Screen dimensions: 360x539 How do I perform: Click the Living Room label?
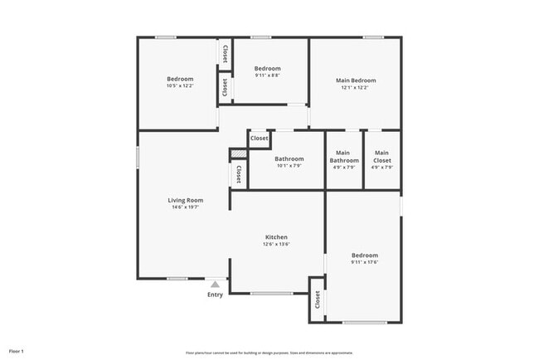pos(186,200)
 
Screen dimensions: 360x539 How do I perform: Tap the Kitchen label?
pos(276,237)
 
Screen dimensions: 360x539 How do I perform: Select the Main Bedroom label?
pos(356,80)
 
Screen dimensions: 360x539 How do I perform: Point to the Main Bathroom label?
pos(344,156)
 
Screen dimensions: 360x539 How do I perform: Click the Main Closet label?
pos(382,156)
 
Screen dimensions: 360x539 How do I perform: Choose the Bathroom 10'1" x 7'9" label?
pos(289,158)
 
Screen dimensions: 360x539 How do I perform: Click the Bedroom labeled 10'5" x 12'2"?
pos(179,79)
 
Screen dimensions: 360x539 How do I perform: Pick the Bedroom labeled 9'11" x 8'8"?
pos(267,68)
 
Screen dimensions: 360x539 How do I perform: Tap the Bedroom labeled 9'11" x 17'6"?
pos(364,255)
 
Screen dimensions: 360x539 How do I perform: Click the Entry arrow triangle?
pos(215,285)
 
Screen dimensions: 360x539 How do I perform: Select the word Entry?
pos(215,294)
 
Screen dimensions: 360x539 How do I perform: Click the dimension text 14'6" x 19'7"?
pos(186,207)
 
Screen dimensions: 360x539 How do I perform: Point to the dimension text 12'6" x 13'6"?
pos(276,245)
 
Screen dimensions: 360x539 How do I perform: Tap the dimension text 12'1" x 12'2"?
pos(356,88)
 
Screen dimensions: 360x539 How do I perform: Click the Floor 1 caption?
pos(17,351)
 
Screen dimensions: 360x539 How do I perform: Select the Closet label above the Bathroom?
pos(260,139)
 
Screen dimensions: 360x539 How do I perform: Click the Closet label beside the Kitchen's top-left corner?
pos(239,174)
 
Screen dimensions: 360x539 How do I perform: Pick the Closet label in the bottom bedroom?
pos(317,300)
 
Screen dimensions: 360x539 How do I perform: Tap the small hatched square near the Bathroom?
pos(239,153)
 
